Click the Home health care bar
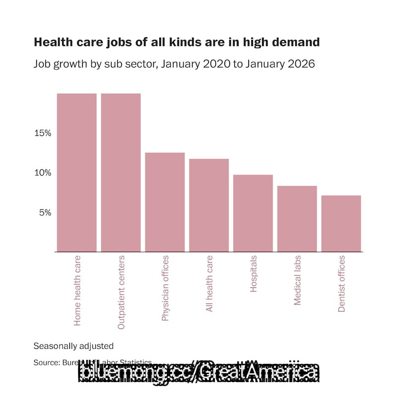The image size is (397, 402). [76, 172]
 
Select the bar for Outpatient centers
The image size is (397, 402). [121, 172]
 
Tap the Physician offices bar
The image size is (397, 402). [165, 202]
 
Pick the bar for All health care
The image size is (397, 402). [209, 205]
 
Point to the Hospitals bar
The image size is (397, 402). [253, 213]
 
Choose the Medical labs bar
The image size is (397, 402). [297, 218]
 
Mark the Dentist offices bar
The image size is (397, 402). [341, 223]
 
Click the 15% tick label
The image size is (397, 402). [43, 133]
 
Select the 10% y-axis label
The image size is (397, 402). [43, 173]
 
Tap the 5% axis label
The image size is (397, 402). [45, 212]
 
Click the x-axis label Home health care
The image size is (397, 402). [77, 291]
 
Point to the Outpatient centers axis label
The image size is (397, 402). [121, 293]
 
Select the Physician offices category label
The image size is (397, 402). [165, 288]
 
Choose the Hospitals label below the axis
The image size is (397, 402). [254, 274]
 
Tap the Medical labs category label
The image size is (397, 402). [297, 280]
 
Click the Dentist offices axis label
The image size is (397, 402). [341, 284]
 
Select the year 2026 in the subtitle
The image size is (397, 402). [299, 65]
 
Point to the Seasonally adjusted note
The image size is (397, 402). [73, 346]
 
